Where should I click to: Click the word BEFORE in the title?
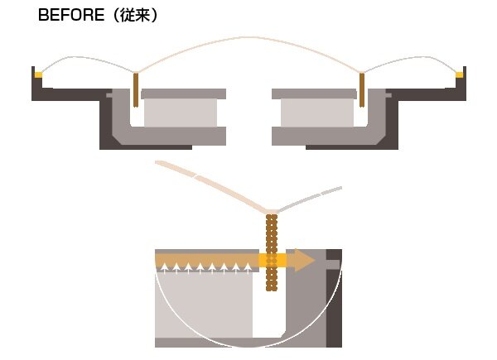[x=70, y=15]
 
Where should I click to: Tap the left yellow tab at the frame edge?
[x=38, y=75]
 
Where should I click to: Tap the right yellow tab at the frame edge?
[x=460, y=75]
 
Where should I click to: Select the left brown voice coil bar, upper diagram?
[x=135, y=89]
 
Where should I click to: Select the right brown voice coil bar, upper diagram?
[x=362, y=89]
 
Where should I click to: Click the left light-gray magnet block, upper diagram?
[x=181, y=113]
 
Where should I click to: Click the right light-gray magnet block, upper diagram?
[x=317, y=113]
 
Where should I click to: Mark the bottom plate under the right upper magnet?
[x=313, y=136]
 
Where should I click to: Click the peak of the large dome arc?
[x=248, y=38]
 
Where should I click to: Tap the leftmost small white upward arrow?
[x=162, y=267]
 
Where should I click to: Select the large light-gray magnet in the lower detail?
[x=203, y=305]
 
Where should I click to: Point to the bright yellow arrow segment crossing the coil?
[x=273, y=261]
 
